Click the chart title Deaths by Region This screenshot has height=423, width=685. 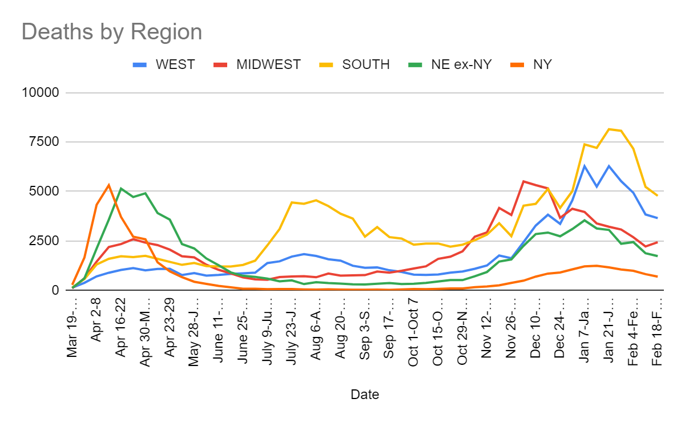(112, 32)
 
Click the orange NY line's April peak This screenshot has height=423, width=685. (108, 185)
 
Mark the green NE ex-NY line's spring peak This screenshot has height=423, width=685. (121, 189)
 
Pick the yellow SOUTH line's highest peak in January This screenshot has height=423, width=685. (609, 129)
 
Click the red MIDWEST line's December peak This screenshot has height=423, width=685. (523, 181)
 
